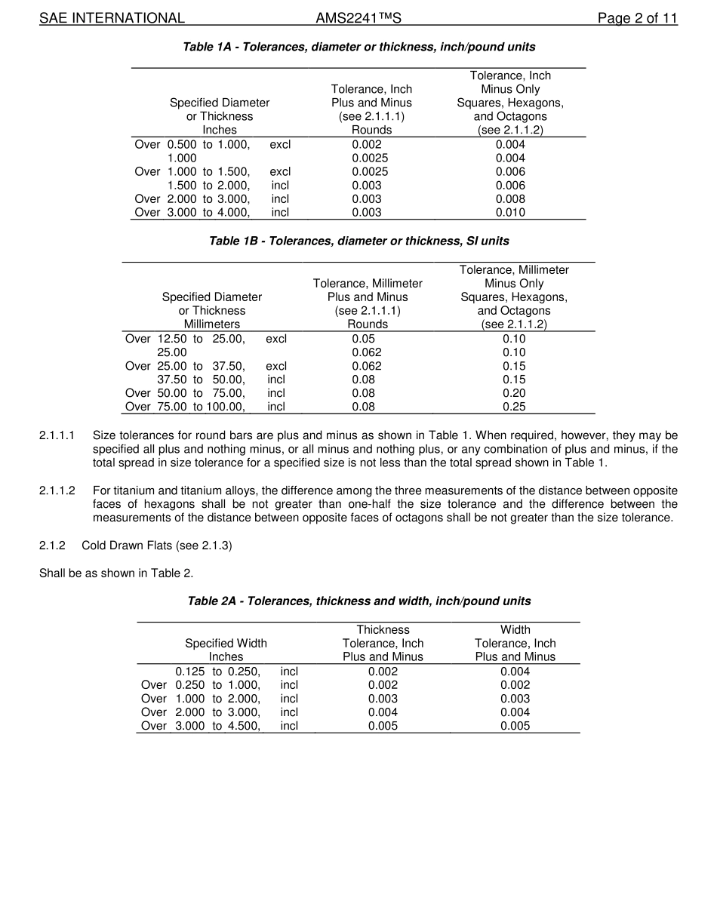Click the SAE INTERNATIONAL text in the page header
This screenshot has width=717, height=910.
112,18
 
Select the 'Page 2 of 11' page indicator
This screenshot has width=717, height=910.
637,18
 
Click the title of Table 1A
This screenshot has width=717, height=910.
358,47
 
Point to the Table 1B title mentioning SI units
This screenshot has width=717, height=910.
358,241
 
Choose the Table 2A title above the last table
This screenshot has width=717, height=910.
358,601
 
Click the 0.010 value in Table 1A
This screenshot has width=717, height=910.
510,213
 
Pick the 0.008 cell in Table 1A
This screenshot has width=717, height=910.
510,199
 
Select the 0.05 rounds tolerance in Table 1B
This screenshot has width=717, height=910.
367,339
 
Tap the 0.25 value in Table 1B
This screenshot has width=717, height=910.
514,407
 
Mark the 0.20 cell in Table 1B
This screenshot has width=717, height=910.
514,393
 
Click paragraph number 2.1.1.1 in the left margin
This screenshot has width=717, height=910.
57,435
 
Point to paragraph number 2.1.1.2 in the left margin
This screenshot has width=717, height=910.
57,491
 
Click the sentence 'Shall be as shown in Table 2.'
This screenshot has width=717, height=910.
116,573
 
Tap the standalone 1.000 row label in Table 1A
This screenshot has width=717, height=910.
182,158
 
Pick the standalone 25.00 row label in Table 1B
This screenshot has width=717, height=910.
172,352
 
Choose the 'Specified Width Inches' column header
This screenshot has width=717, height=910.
226,650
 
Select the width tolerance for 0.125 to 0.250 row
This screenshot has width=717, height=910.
515,672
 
